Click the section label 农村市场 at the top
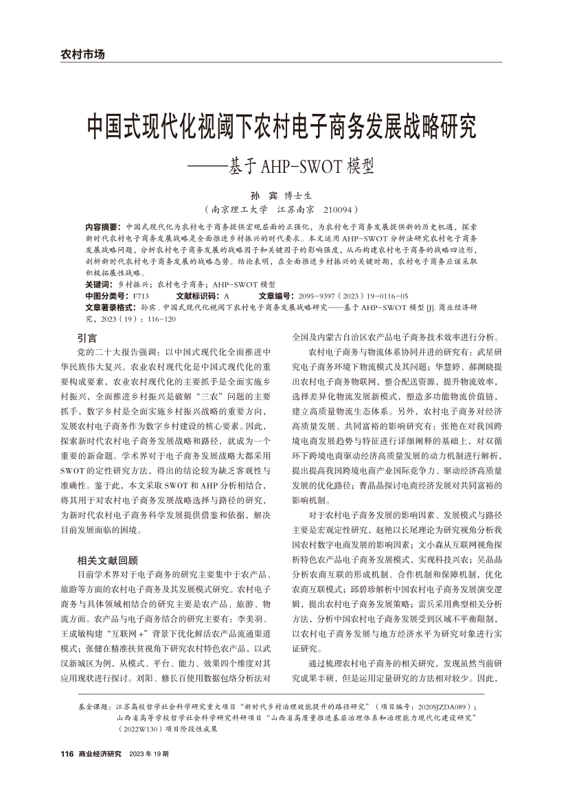click(82, 54)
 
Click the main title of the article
click(282, 126)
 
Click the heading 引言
click(87, 338)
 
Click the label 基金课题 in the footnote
click(96, 705)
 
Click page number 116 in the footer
click(67, 754)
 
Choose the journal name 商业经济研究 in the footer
click(100, 754)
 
